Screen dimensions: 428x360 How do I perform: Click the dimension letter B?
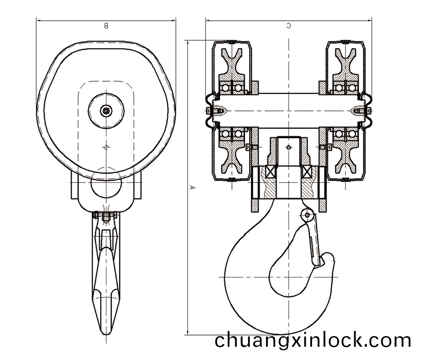106,26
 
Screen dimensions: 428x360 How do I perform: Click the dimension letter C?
289,26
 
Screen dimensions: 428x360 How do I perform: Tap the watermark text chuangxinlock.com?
313,340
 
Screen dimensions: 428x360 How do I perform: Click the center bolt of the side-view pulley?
106,111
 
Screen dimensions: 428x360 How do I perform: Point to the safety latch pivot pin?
308,215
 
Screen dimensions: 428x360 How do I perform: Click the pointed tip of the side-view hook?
106,334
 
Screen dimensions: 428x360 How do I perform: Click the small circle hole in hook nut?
289,148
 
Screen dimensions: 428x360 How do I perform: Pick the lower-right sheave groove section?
345,157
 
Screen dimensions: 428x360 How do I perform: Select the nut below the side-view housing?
106,217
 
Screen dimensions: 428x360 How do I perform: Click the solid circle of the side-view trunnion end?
106,184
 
